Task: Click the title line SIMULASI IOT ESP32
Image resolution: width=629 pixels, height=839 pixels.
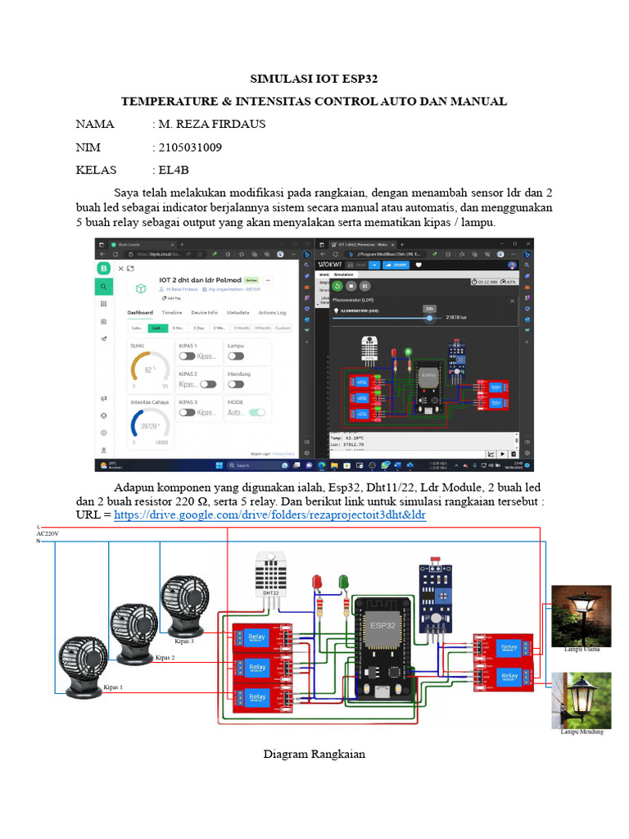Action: click(314, 79)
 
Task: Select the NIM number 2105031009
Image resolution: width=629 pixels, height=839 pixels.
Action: click(190, 147)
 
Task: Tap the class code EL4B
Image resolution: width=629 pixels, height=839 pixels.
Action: click(174, 170)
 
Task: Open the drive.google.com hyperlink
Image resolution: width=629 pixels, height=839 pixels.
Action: click(269, 515)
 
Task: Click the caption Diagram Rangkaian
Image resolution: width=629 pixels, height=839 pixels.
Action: click(314, 754)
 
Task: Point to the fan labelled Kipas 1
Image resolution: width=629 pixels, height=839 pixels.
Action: click(81, 660)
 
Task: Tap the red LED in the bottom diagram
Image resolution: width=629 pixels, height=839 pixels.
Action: click(318, 583)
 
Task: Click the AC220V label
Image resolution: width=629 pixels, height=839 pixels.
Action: click(48, 533)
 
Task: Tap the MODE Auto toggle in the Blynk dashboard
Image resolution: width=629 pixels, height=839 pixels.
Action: click(257, 413)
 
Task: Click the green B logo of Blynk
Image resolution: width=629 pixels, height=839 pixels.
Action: click(104, 268)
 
